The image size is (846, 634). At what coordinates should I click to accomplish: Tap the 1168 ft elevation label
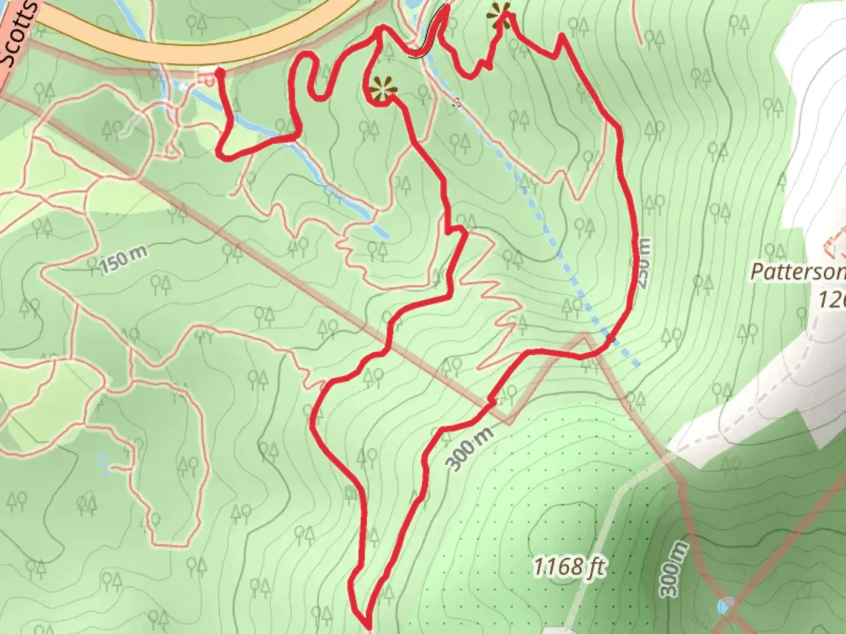[569, 567]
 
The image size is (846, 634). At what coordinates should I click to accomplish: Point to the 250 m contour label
[644, 263]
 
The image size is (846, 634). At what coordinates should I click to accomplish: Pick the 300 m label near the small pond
[673, 568]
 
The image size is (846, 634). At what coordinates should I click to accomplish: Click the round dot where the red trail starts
[220, 73]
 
